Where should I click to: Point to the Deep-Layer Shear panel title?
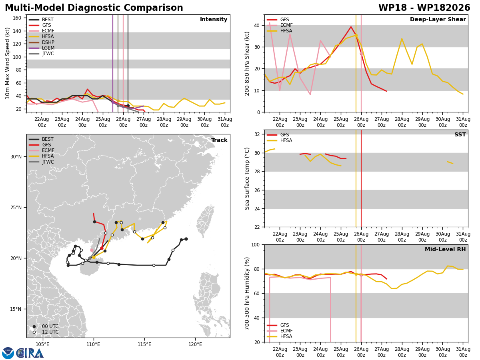[x=438, y=19]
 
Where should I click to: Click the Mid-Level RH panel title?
[x=445, y=249]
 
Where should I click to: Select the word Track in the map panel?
[x=219, y=140]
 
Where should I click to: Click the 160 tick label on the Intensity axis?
[x=17, y=18]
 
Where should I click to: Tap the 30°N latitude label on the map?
[x=16, y=157]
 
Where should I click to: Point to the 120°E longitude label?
[x=195, y=344]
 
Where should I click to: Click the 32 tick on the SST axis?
[x=257, y=134]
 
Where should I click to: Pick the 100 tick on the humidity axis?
[x=256, y=244]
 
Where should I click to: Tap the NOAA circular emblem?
[x=8, y=353]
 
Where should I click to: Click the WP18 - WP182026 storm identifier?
[x=424, y=8]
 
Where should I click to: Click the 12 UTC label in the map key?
[x=50, y=332]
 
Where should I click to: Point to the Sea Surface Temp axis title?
[x=247, y=178]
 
